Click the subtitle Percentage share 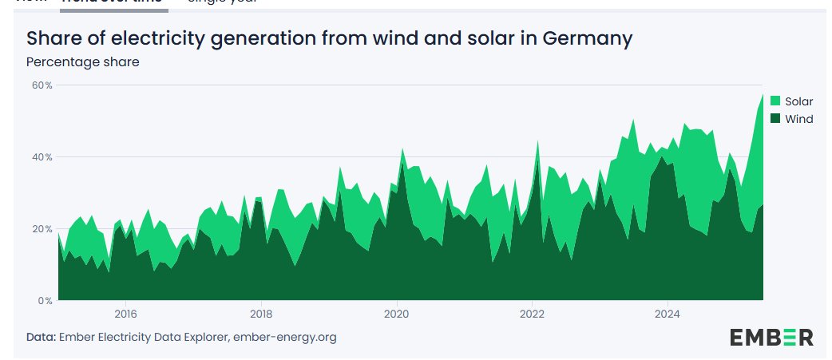[83, 62]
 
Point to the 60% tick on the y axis [42, 85]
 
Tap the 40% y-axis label [42, 157]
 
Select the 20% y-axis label [42, 229]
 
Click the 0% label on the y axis [45, 301]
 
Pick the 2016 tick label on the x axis [125, 315]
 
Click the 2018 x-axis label [261, 315]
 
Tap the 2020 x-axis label [397, 315]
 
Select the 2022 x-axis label [533, 315]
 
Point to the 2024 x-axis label [668, 315]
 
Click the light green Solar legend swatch [775, 101]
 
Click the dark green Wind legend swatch [775, 119]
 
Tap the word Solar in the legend [798, 101]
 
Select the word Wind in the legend [798, 119]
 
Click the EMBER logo [771, 337]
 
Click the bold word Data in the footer [41, 337]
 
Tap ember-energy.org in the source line [284, 337]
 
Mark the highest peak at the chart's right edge [763, 94]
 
